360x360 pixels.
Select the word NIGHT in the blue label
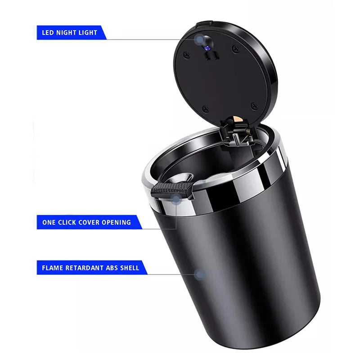click(x=67, y=33)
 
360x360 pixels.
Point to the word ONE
click(x=49, y=222)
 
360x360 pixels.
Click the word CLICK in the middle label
click(x=68, y=222)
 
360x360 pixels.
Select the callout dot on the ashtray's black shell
click(x=201, y=274)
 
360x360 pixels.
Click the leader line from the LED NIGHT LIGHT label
click(x=148, y=40)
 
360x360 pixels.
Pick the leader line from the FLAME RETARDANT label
click(x=171, y=274)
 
